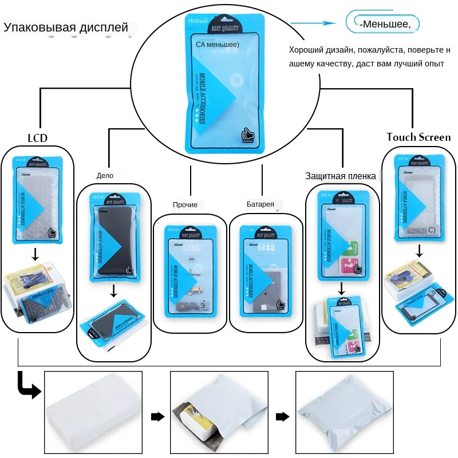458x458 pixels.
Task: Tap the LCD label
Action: point(37,138)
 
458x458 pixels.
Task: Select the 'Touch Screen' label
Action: point(418,137)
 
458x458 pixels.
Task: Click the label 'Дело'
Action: point(105,176)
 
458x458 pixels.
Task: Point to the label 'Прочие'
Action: point(185,204)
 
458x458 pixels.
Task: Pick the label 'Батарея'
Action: point(260,204)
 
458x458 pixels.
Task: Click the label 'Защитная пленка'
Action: point(340,176)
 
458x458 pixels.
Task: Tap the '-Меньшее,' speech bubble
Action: point(384,24)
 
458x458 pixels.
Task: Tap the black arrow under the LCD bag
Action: point(35,252)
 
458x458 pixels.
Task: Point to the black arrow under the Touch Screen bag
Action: point(419,250)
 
